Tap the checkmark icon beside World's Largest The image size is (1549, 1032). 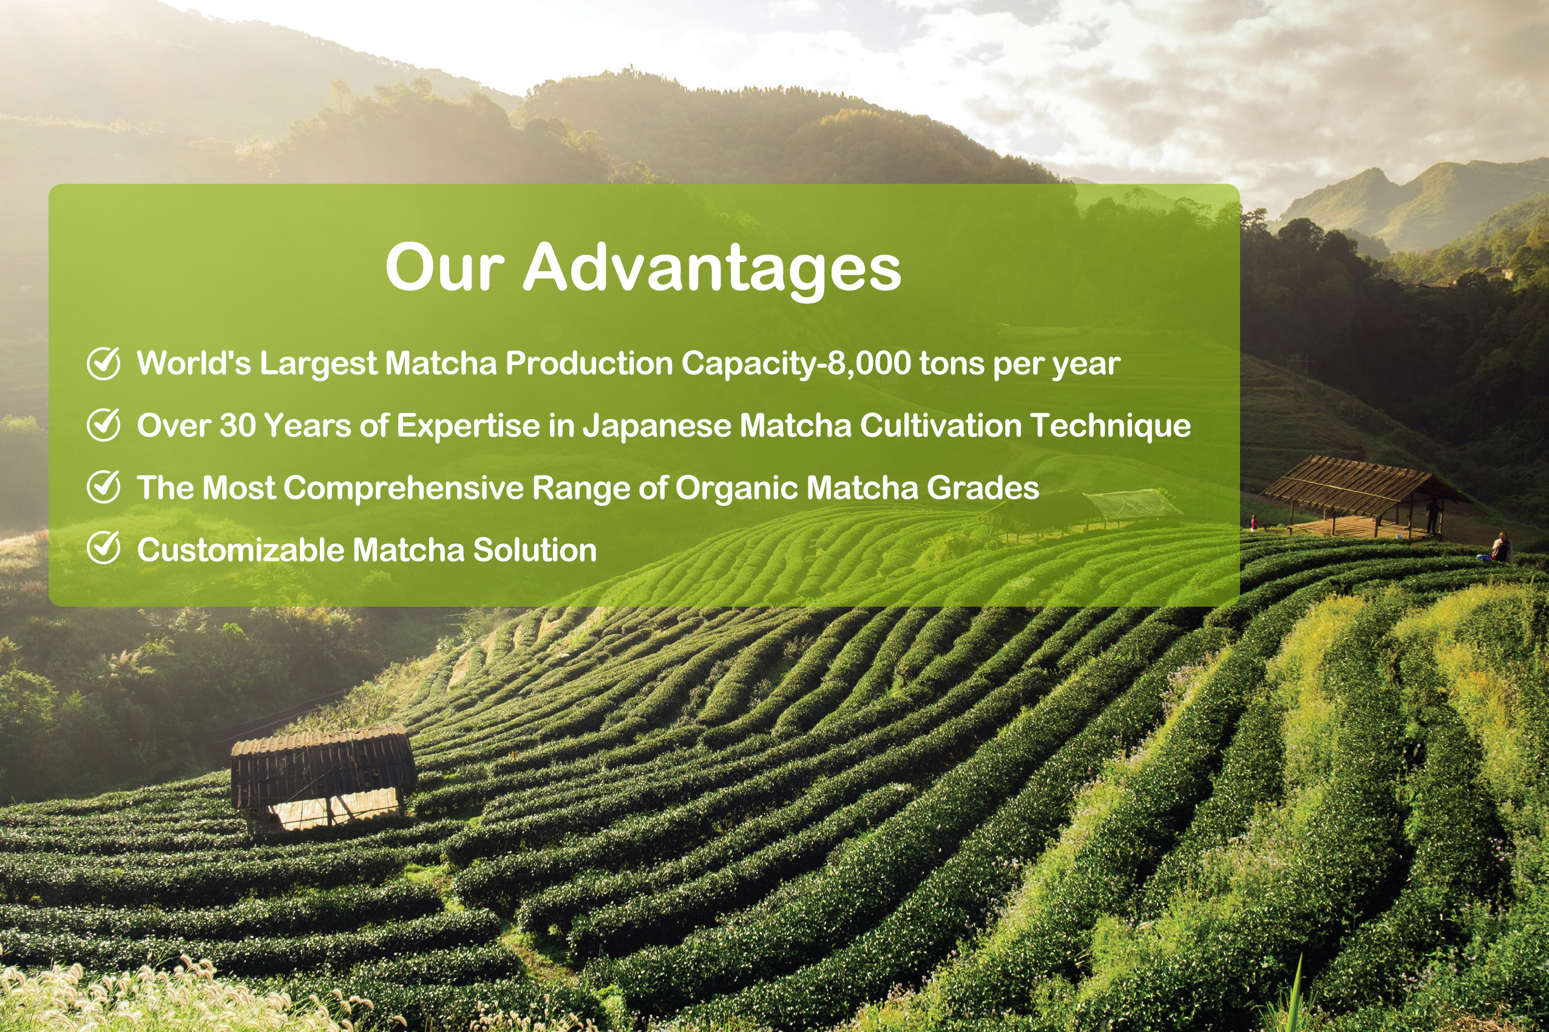(103, 363)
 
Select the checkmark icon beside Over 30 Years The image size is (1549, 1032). (103, 425)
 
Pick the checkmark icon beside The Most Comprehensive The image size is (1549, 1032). (103, 487)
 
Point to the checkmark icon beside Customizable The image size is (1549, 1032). (103, 548)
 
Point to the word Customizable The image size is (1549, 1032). (241, 550)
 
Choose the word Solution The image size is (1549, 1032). (535, 550)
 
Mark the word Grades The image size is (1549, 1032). (983, 488)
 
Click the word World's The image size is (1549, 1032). (194, 363)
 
